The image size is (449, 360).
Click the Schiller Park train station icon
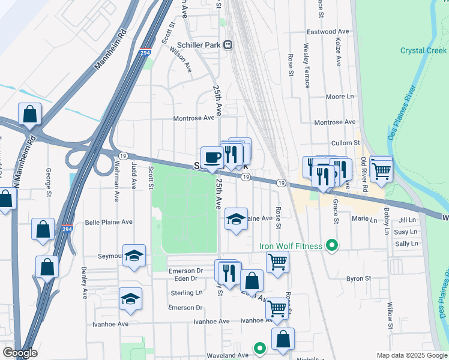point(228,45)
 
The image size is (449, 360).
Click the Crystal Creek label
point(423,51)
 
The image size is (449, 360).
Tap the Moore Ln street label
point(340,97)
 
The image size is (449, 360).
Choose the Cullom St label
point(345,143)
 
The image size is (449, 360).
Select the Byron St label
point(359,279)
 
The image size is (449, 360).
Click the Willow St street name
point(390,316)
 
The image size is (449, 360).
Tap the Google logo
point(20,353)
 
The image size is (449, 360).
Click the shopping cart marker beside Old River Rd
point(381,170)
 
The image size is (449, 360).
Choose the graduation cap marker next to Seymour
point(134,256)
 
